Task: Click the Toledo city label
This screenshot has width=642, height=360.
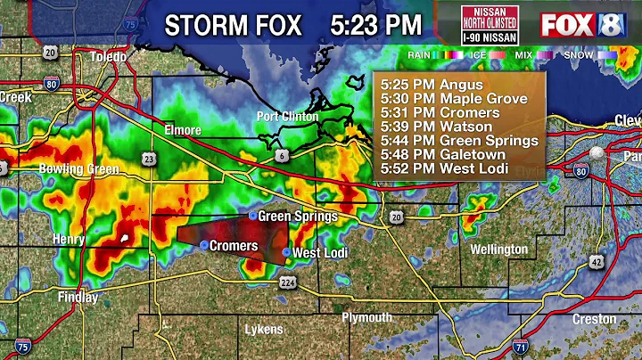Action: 107,56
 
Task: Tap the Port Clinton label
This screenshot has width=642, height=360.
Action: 281,116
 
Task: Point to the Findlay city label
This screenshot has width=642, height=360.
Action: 78,297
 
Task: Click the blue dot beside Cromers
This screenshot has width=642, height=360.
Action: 204,245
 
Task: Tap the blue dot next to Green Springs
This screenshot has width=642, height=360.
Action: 252,216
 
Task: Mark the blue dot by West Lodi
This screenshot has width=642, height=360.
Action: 286,253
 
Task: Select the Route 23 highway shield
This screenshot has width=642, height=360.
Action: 146,159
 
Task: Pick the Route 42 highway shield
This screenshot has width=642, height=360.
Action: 595,260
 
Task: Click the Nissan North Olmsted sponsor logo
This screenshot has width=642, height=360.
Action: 488,24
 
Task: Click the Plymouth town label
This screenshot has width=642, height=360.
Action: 366,317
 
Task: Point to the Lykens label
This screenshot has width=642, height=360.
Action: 264,330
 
